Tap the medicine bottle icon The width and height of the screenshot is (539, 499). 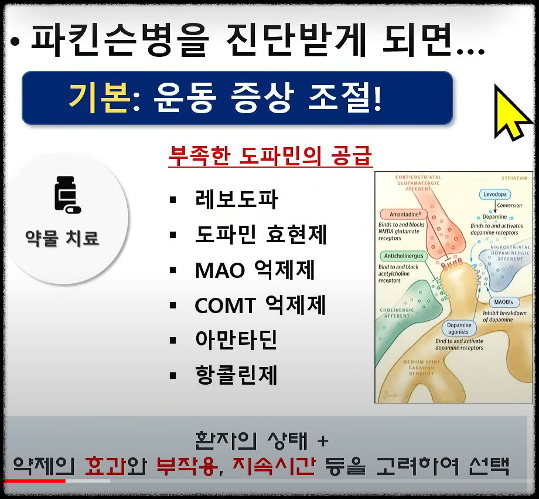point(67,195)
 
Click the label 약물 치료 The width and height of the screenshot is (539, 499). point(63,238)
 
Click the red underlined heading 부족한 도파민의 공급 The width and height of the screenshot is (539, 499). point(271,156)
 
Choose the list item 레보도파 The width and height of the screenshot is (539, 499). point(237,200)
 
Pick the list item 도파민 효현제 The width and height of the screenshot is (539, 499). point(261,235)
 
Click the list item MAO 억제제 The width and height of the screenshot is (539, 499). point(255,270)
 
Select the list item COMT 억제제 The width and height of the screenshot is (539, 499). point(260,305)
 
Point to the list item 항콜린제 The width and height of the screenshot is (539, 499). point(237,375)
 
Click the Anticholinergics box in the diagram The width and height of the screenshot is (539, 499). point(404,256)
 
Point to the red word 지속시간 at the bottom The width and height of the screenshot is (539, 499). point(274,466)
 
